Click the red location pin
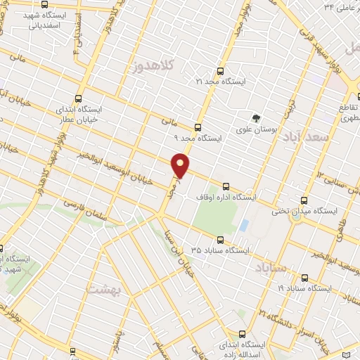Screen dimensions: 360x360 (x=181, y=166)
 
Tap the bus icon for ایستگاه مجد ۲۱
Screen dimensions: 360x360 (x=221, y=71)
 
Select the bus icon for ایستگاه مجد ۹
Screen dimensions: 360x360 (x=198, y=127)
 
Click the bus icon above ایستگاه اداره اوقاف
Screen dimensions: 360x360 (x=226, y=186)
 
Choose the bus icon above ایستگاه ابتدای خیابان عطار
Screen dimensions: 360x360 (x=77, y=100)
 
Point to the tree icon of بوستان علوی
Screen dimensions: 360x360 (x=257, y=118)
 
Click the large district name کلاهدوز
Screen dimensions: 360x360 (x=152, y=67)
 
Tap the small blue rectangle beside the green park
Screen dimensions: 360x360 (x=243, y=227)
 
